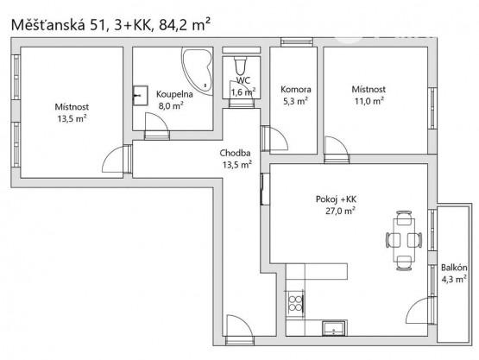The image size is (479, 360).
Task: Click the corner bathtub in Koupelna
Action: tap(198, 71)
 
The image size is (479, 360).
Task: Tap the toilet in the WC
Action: tap(241, 66)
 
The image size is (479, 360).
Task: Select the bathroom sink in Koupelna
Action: tap(140, 95)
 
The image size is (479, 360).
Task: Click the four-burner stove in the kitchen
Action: tap(295, 303)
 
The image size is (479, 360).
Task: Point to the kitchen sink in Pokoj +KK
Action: tap(334, 328)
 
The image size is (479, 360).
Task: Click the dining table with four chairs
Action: tap(404, 240)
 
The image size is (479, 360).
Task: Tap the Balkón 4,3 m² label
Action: tap(454, 273)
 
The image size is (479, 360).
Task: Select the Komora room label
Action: tap(296, 89)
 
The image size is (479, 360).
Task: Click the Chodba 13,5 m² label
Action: tap(236, 159)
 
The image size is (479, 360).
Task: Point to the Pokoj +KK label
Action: tap(336, 199)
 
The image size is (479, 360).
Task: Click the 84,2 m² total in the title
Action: tap(185, 25)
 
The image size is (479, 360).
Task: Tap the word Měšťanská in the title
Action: tap(48, 25)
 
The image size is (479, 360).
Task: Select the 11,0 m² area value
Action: tap(369, 101)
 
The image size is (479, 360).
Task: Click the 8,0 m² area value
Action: tap(171, 106)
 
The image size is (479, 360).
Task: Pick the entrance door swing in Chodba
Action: tap(239, 325)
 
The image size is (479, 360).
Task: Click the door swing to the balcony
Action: tap(420, 309)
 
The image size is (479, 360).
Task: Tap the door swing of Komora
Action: tap(279, 138)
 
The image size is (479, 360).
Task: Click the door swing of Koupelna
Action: tap(156, 122)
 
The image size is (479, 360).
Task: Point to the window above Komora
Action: tap(297, 41)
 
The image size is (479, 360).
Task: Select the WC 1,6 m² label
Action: tap(243, 85)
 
